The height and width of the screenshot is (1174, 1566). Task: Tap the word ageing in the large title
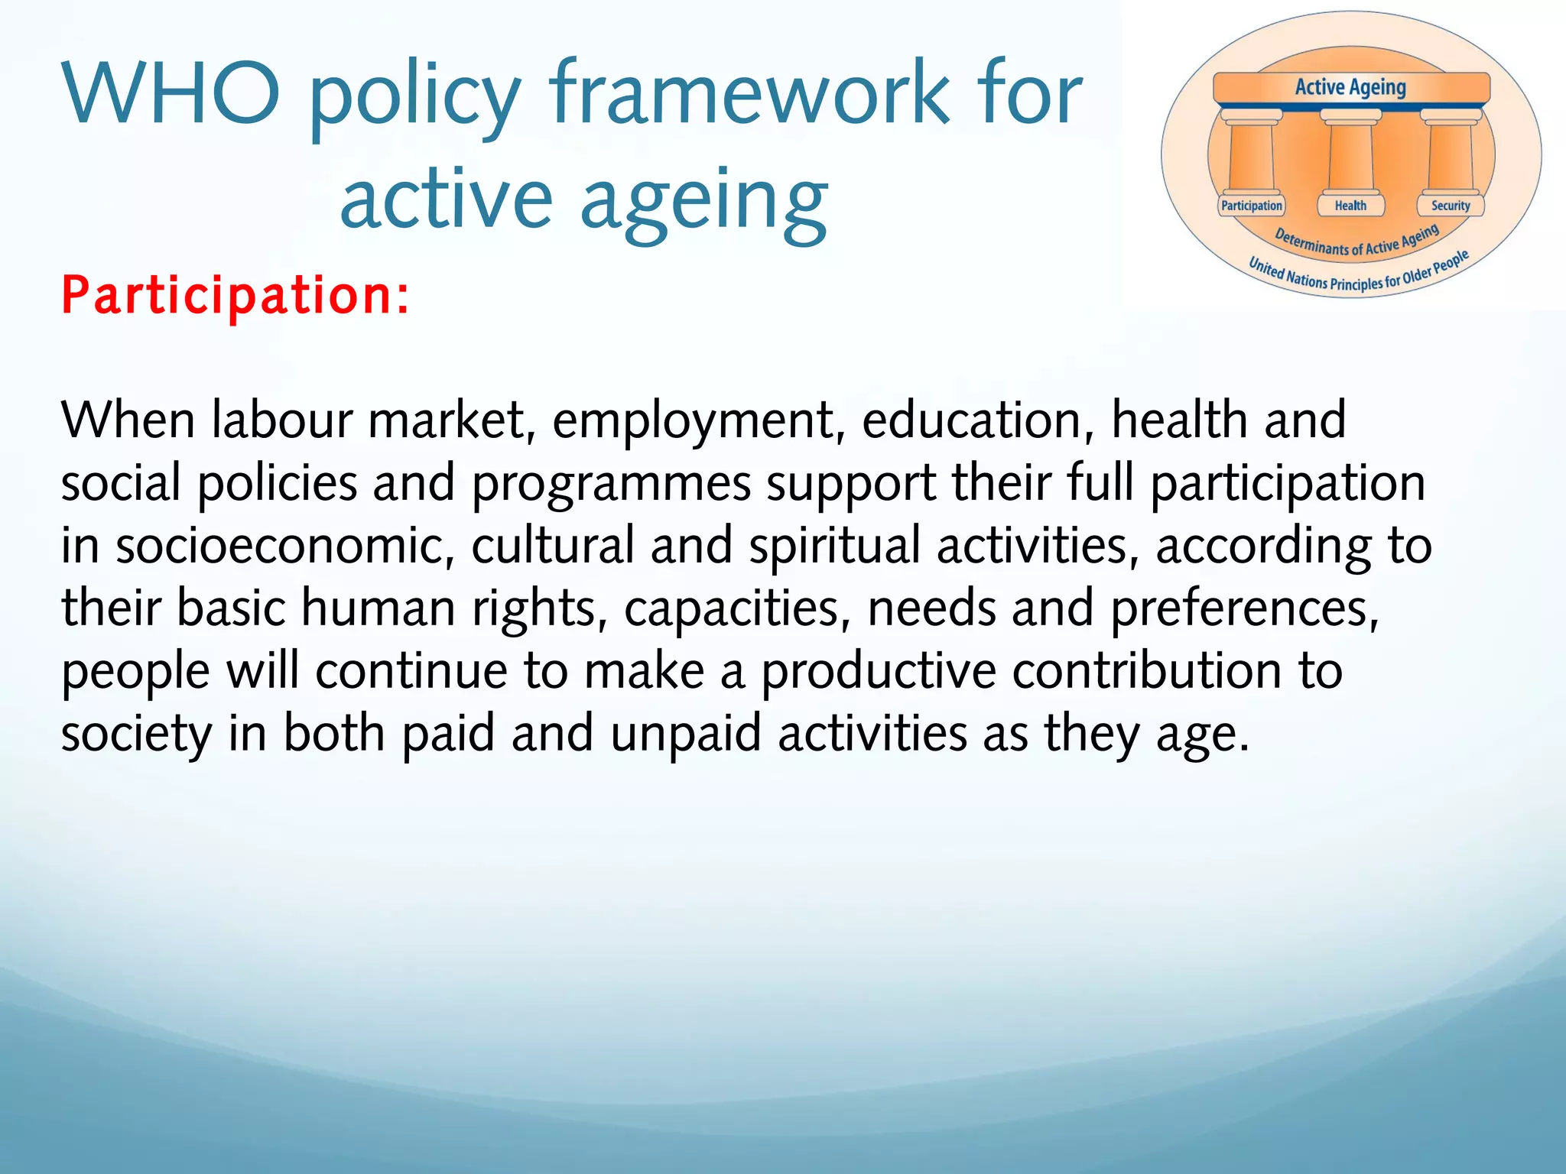pos(703,200)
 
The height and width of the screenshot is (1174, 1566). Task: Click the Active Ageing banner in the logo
pos(1350,88)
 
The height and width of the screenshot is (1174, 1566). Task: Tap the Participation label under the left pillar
pos(1251,206)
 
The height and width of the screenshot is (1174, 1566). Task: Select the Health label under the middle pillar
pos(1350,206)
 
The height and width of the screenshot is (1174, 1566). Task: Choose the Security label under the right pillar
pos(1451,206)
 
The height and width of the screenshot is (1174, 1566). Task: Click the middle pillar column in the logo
pos(1350,157)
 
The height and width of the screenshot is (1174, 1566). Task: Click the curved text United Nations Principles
pos(1330,279)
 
